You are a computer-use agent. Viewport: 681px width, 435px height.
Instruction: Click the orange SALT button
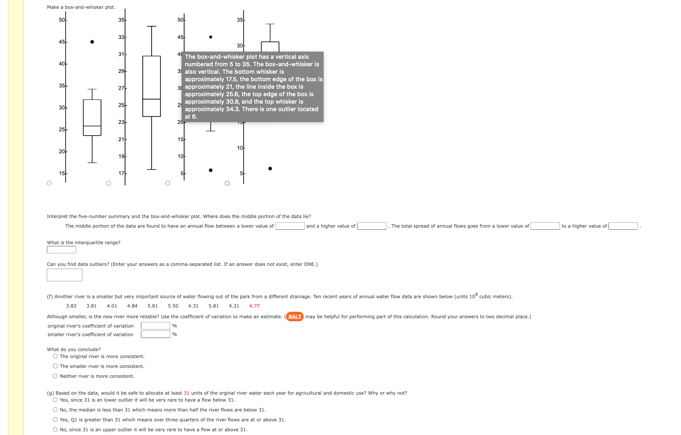[x=295, y=317]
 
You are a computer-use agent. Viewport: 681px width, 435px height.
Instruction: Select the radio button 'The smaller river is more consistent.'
[x=55, y=366]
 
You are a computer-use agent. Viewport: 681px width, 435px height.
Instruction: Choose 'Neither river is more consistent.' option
[x=55, y=376]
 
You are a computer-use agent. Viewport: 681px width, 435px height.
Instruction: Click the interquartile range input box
[x=61, y=250]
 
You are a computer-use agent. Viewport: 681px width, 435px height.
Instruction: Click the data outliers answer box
[x=64, y=275]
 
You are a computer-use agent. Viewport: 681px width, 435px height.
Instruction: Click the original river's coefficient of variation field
[x=156, y=326]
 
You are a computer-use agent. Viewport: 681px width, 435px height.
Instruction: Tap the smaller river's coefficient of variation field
[x=156, y=334]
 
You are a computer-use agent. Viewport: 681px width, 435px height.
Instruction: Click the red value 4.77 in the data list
[x=254, y=306]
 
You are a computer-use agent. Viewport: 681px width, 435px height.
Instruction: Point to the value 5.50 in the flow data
[x=173, y=306]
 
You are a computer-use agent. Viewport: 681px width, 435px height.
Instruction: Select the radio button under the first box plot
[x=49, y=183]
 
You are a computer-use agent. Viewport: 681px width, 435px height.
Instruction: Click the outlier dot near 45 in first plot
[x=92, y=42]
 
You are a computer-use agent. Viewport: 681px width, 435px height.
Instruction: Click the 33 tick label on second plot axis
[x=121, y=37]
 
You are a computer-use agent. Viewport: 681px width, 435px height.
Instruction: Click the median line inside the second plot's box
[x=152, y=99]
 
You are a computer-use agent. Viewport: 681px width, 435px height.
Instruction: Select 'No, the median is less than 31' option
[x=55, y=410]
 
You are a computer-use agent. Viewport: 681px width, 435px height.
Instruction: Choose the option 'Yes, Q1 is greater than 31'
[x=55, y=420]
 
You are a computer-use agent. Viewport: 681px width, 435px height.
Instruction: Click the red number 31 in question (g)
[x=186, y=393]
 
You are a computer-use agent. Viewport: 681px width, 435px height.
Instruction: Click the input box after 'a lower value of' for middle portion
[x=290, y=226]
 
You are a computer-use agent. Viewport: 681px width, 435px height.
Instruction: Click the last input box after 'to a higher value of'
[x=623, y=226]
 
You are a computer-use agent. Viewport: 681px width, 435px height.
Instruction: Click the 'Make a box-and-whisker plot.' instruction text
[x=81, y=7]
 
